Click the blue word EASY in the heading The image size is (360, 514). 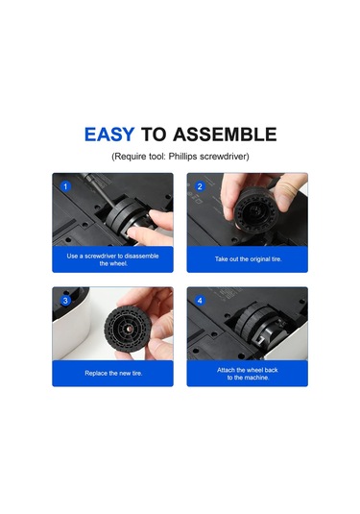109,135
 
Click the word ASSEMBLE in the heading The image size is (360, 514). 225,135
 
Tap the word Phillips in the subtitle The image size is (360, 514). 182,157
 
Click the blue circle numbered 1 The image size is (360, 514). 65,186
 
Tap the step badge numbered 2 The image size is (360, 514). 200,186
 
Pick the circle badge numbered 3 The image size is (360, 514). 65,301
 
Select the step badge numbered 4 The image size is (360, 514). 200,301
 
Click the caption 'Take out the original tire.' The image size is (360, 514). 248,259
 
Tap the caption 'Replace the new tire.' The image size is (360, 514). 113,373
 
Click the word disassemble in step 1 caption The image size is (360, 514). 141,256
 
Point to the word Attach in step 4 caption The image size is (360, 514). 226,370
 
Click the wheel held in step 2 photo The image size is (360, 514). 252,208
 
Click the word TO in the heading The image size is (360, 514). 153,135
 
